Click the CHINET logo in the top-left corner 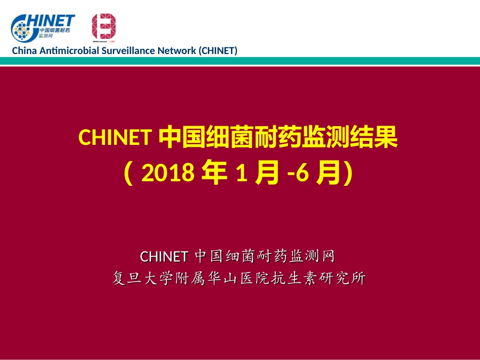coord(43,27)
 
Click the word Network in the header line coord(177,50)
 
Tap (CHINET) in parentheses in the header coord(217,50)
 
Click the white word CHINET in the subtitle coord(164,256)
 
